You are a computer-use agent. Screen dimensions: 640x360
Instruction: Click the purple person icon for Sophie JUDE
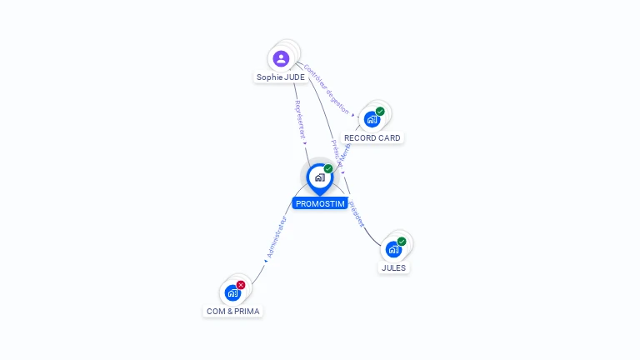(281, 58)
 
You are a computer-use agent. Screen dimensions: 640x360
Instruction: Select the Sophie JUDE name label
(280, 77)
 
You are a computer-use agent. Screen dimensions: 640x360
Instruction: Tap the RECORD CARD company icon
(372, 119)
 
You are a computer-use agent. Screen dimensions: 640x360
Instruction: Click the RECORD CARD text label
(372, 138)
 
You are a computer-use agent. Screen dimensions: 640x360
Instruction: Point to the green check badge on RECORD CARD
(380, 112)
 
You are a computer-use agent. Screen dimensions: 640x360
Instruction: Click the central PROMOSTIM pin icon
(319, 177)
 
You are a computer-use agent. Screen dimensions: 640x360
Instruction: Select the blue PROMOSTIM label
(320, 203)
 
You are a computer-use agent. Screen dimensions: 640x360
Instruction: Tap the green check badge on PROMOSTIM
(328, 169)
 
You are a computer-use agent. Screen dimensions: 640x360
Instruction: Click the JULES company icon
(393, 249)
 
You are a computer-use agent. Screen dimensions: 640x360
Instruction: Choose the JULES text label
(393, 268)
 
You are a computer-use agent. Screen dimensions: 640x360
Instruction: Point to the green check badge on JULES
(402, 242)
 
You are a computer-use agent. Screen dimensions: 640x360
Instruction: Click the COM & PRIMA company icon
(232, 292)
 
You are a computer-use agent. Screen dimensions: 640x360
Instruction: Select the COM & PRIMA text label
(232, 312)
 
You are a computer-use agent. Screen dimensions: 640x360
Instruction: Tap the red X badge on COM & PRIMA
(241, 285)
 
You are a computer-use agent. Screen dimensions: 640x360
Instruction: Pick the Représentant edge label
(300, 120)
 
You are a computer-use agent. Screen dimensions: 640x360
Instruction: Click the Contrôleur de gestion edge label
(326, 87)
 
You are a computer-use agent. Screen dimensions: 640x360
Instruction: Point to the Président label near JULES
(356, 213)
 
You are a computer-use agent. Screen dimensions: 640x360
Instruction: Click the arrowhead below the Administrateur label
(266, 261)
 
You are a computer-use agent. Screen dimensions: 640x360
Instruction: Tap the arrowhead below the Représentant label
(306, 143)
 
